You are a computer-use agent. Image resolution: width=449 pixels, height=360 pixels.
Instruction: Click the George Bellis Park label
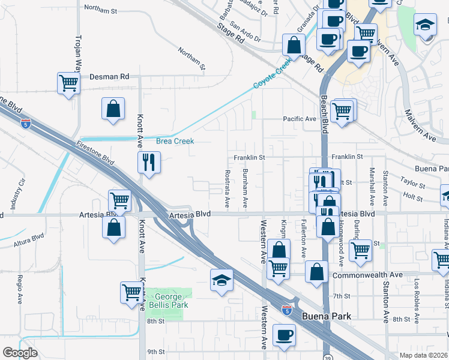pyautogui.click(x=172, y=301)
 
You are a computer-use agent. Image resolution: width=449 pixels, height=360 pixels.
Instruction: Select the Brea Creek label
pyautogui.click(x=175, y=141)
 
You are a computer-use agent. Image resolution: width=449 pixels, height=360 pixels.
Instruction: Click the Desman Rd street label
pyautogui.click(x=109, y=77)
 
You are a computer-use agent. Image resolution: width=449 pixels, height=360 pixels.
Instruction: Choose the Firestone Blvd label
pyautogui.click(x=95, y=153)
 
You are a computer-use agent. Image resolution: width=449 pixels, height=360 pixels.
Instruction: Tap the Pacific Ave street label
pyautogui.click(x=300, y=119)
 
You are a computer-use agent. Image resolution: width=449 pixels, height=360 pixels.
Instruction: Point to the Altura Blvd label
pyautogui.click(x=29, y=244)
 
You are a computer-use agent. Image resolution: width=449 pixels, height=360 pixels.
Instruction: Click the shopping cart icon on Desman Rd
pyautogui.click(x=69, y=83)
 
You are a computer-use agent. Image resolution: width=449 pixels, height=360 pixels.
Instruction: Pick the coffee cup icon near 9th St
pyautogui.click(x=284, y=335)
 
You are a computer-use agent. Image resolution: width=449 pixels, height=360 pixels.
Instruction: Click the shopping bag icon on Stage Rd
pyautogui.click(x=294, y=44)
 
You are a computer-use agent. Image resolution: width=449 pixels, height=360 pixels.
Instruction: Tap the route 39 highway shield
pyautogui.click(x=327, y=352)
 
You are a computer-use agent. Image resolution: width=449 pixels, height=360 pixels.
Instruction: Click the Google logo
pyautogui.click(x=20, y=353)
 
